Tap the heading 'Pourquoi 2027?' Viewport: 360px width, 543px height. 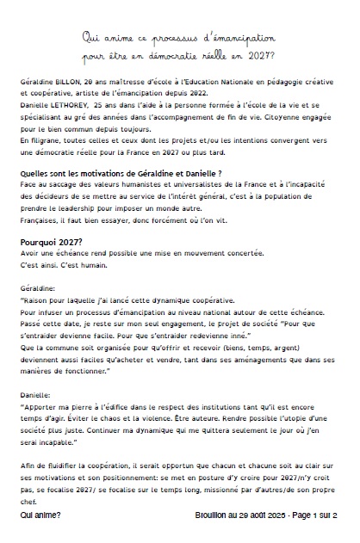click(52, 242)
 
